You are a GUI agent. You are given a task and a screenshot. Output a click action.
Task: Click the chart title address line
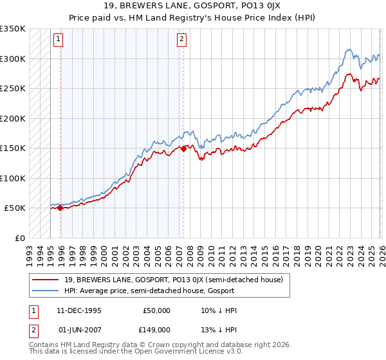coord(193,6)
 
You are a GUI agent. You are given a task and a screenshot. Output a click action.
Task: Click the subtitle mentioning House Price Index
coord(193,17)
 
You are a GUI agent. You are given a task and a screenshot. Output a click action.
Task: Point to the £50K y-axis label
coord(15,208)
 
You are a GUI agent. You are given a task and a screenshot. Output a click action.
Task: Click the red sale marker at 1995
coord(60,208)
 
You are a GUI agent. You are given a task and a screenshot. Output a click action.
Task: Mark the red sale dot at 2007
coord(183,148)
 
